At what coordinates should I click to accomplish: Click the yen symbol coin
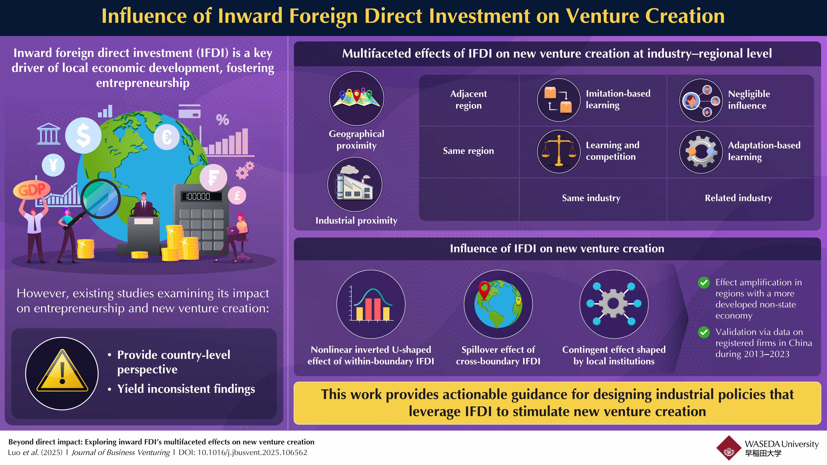[x=53, y=165]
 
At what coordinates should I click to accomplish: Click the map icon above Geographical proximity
[x=356, y=98]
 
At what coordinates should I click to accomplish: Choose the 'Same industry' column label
[x=591, y=198]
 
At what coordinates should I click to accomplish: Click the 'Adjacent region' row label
[x=468, y=100]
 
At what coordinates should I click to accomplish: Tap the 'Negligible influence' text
[x=749, y=100]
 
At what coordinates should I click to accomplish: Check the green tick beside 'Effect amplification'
[x=704, y=283]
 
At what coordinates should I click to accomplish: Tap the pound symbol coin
[x=237, y=195]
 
